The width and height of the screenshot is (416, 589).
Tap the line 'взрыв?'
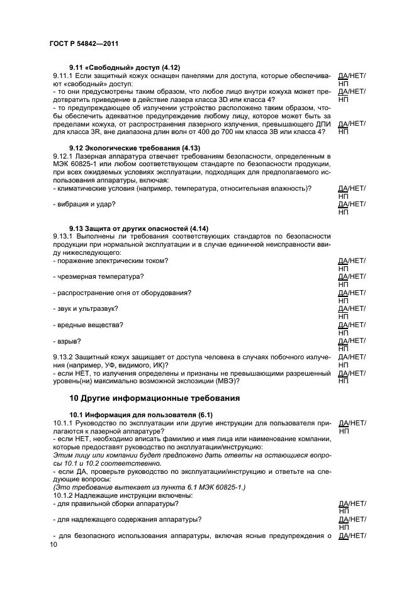click(67, 340)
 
